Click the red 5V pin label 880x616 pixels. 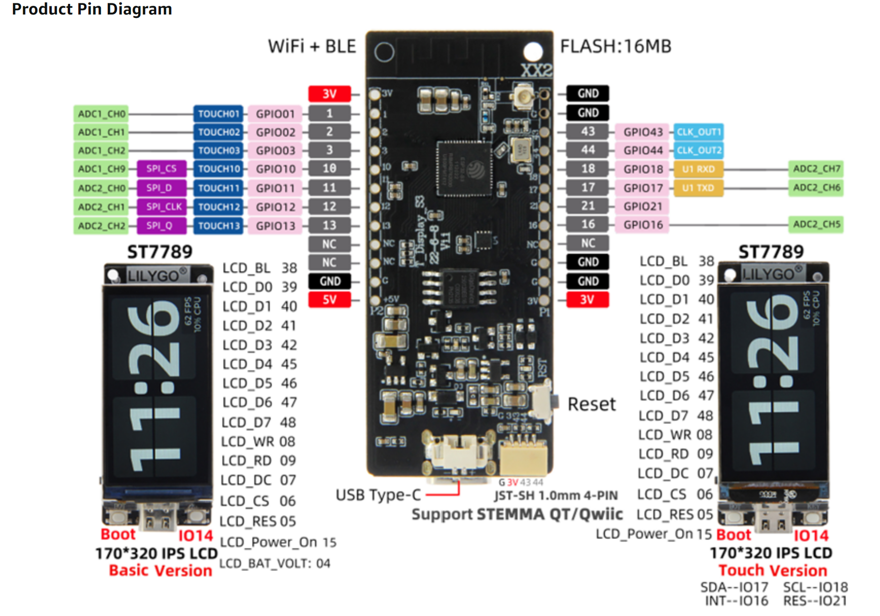(x=329, y=300)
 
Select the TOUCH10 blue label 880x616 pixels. (x=219, y=169)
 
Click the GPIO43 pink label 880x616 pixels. (x=642, y=132)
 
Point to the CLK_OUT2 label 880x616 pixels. (x=698, y=150)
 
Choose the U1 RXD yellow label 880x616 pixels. (x=698, y=169)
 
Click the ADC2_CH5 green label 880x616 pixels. (x=816, y=224)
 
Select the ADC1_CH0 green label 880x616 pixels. (x=101, y=114)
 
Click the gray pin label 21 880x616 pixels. (x=587, y=206)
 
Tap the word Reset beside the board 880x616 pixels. (x=591, y=404)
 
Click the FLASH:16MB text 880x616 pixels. (x=615, y=46)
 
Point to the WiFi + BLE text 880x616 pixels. (x=312, y=46)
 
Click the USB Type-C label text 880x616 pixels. (x=378, y=495)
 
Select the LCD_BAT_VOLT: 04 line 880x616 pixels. (x=275, y=564)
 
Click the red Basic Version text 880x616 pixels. (x=160, y=571)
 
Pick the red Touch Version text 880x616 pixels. (x=772, y=571)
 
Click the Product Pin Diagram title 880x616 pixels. (x=92, y=9)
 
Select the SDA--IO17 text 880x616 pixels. (x=734, y=587)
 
